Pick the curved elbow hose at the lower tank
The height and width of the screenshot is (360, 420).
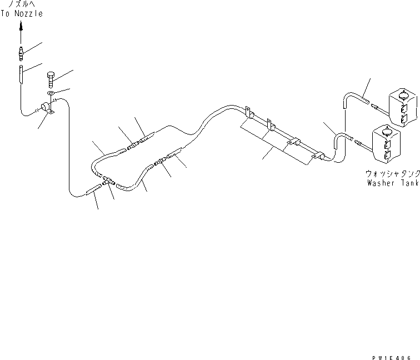tap(340, 142)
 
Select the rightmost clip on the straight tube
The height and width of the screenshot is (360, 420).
tap(318, 156)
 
